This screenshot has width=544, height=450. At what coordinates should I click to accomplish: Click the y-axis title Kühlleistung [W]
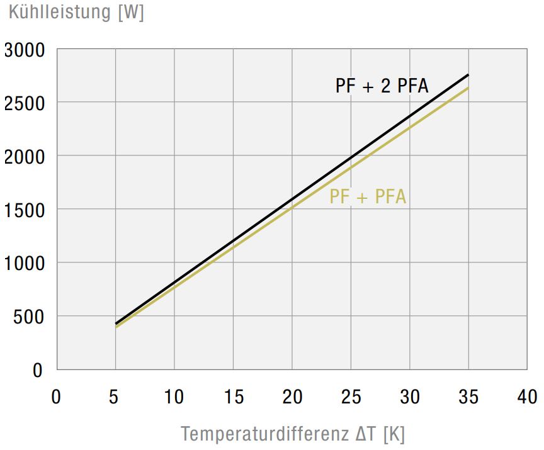(x=76, y=13)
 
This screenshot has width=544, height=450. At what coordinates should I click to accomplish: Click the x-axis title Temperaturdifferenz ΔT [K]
(x=293, y=434)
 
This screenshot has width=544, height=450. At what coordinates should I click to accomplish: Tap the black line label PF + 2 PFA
(x=382, y=86)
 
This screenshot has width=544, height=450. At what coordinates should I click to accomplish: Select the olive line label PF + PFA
(x=368, y=197)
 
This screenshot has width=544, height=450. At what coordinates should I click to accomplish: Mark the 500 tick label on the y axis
(x=30, y=317)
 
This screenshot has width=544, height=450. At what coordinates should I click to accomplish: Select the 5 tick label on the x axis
(x=115, y=397)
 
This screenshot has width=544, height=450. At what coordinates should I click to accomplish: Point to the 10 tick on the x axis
(x=174, y=397)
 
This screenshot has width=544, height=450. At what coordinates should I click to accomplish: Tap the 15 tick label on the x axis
(x=233, y=397)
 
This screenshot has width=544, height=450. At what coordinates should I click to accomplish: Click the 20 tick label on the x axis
(x=292, y=397)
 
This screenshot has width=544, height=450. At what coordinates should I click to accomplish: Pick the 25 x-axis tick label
(x=351, y=397)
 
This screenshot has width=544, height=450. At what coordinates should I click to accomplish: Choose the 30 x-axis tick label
(x=410, y=397)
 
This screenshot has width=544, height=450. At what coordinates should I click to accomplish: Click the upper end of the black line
(x=468, y=75)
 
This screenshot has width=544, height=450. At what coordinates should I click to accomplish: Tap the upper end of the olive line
(x=468, y=88)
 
